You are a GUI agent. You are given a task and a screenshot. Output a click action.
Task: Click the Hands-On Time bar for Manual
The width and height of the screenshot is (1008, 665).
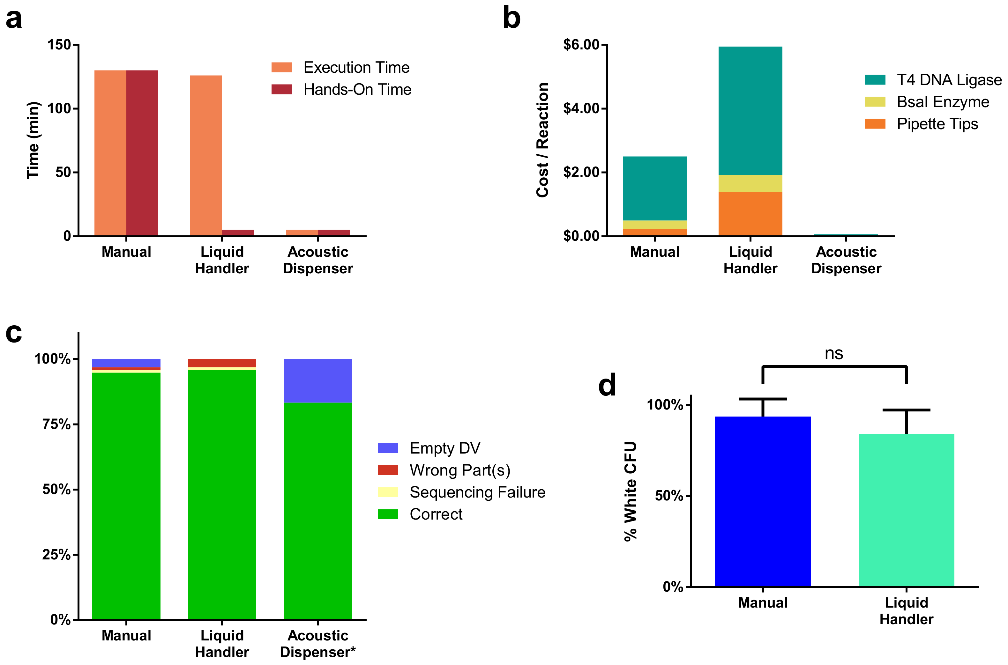click(142, 153)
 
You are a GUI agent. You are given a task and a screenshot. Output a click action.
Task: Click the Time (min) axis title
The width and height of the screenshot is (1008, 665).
click(33, 140)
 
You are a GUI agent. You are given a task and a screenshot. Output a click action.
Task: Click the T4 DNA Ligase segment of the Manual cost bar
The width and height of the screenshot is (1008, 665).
click(654, 188)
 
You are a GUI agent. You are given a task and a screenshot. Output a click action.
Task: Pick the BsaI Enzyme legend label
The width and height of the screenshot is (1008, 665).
click(942, 102)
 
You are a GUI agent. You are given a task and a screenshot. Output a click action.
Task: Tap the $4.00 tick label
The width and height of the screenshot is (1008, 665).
click(581, 108)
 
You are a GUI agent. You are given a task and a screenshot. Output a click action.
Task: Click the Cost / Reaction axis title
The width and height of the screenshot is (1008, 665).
click(542, 140)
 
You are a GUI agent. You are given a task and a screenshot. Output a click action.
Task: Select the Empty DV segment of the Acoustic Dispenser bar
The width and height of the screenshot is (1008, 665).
click(317, 381)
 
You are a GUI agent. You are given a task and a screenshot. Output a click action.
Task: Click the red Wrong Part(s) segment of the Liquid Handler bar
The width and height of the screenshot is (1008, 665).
click(222, 363)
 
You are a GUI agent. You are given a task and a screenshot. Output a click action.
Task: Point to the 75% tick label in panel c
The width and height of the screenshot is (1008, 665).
click(56, 424)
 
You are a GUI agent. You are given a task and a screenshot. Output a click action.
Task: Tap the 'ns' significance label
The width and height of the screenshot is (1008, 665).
click(834, 353)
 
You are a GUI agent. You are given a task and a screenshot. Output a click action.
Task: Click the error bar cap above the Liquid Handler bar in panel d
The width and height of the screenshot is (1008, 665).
click(906, 410)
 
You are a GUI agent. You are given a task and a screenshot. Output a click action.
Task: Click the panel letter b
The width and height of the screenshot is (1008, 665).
click(511, 19)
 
